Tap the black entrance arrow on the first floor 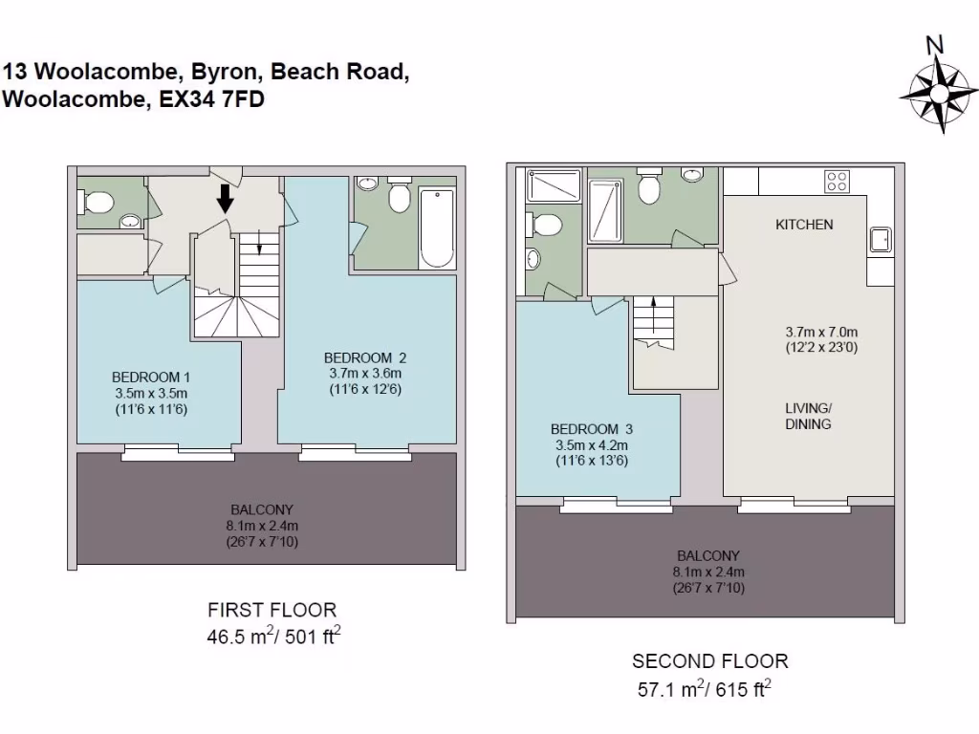[225, 198]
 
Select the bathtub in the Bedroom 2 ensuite [436, 228]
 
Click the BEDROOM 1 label [151, 377]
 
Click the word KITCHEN [804, 226]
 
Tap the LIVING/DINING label [808, 416]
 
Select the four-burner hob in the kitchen [838, 182]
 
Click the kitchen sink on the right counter [879, 240]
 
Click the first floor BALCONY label [262, 509]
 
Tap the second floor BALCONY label [707, 555]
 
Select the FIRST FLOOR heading [272, 610]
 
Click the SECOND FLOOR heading [709, 661]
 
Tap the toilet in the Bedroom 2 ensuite [399, 198]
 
